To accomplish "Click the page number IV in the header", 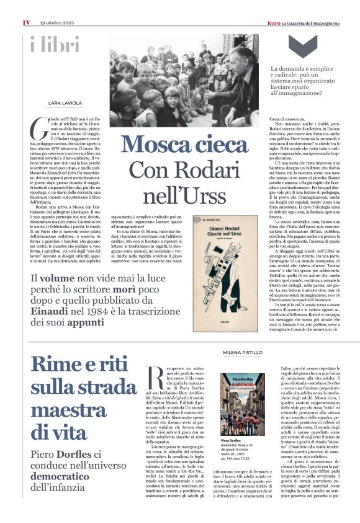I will [26, 22].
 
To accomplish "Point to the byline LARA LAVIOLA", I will [65, 103].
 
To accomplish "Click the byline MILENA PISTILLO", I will [243, 352].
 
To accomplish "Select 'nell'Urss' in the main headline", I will [182, 195].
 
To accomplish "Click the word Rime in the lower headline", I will [61, 365].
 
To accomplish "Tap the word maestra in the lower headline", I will [68, 411].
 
